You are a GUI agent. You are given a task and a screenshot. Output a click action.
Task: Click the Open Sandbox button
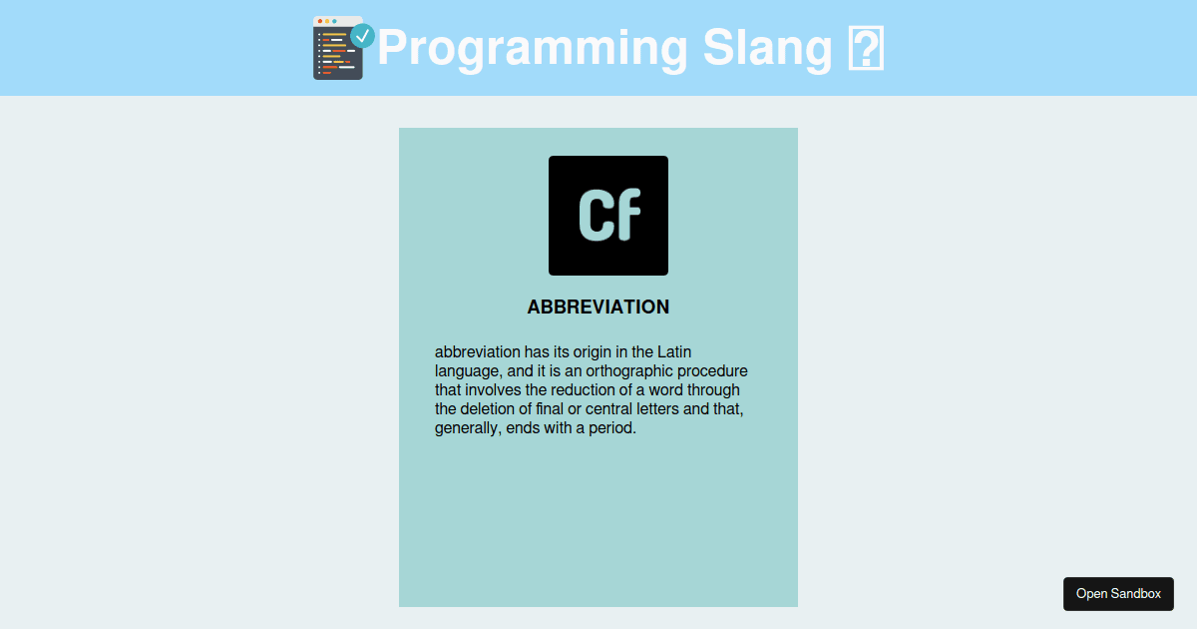[1118, 594]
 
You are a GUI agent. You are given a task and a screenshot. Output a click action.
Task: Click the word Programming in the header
[533, 49]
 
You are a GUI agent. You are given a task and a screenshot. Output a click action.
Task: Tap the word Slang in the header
[768, 49]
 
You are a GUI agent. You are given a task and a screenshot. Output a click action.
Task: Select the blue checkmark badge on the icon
[362, 36]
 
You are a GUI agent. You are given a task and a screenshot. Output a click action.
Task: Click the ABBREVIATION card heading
[598, 308]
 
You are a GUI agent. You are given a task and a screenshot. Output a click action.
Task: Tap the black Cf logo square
[608, 216]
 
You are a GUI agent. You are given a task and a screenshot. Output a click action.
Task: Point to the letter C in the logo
[594, 215]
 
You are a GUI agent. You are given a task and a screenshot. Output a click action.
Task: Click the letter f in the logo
[626, 214]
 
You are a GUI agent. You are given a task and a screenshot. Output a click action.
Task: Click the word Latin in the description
[674, 351]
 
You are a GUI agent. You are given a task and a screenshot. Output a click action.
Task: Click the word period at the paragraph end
[612, 428]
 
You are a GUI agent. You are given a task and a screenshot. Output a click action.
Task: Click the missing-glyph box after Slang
[866, 48]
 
